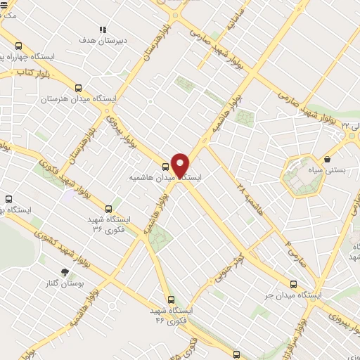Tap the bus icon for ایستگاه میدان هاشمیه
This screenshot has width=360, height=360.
pos(165,167)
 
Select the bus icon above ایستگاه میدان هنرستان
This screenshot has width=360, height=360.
pos(77,89)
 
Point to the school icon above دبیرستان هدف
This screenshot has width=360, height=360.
pos(103,30)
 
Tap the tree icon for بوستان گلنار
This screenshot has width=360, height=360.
pos(65,271)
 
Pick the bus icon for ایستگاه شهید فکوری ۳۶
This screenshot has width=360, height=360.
pos(108,208)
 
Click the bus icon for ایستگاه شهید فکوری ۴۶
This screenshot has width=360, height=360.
pos(170,299)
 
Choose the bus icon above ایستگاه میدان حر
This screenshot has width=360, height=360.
pos(293,284)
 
